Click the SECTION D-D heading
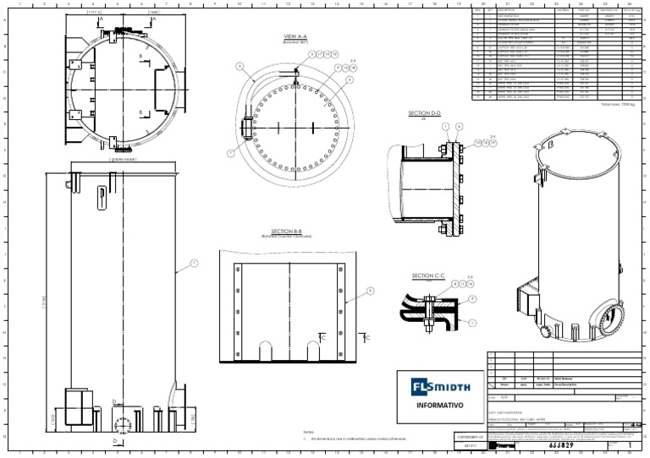425,112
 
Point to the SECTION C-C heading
427,275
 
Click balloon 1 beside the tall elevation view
193,264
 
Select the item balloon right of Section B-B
369,291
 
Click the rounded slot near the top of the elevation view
102,195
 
